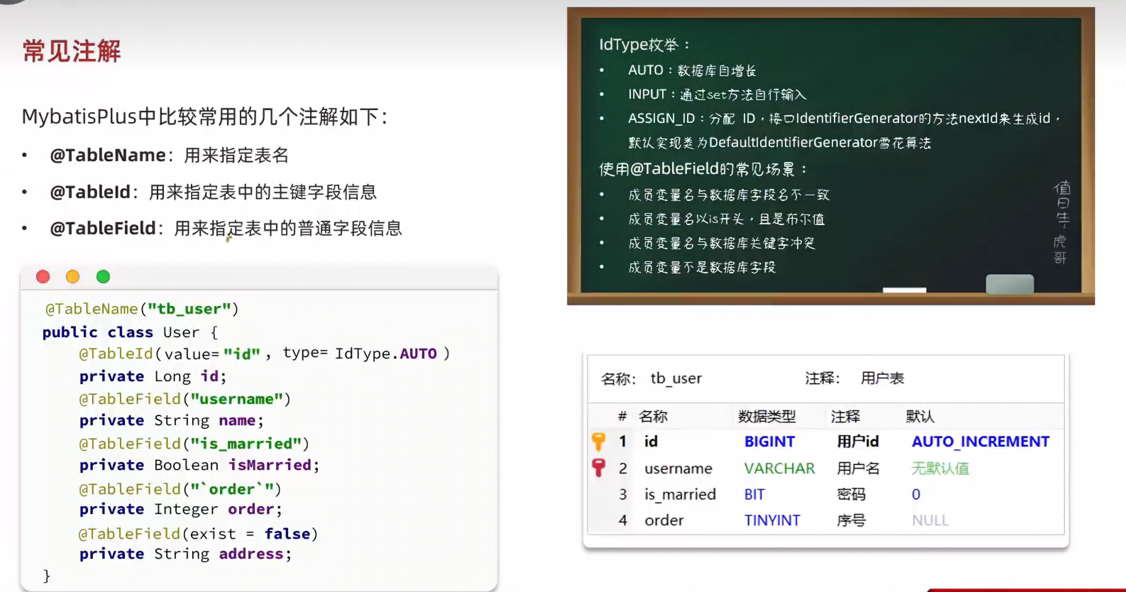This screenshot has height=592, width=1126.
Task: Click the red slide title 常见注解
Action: [72, 51]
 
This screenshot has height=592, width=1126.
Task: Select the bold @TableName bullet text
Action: [108, 155]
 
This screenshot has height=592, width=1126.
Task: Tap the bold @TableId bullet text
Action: [90, 192]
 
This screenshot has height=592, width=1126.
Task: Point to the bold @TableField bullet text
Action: [103, 228]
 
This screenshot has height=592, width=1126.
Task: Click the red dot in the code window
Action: [43, 277]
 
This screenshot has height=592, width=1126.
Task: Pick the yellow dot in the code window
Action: [73, 277]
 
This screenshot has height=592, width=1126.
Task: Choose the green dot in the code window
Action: [103, 277]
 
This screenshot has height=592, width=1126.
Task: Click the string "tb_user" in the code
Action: [189, 309]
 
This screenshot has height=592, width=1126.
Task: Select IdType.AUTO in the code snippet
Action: [386, 354]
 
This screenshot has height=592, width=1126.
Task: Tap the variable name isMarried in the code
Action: [269, 465]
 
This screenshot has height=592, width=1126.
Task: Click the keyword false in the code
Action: [287, 533]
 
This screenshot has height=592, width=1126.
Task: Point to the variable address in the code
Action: [251, 554]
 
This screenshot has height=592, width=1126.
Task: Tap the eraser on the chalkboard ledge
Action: [1009, 284]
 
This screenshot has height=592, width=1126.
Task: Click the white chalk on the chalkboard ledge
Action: [904, 290]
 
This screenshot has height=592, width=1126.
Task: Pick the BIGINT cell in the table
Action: [769, 441]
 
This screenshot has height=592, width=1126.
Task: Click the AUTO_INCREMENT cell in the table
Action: [980, 441]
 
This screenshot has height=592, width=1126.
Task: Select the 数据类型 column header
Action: [766, 417]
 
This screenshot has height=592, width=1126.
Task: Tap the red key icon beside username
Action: [599, 467]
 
